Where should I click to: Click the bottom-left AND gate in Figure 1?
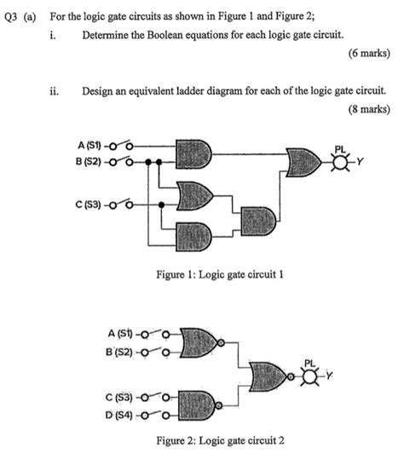[195, 232]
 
